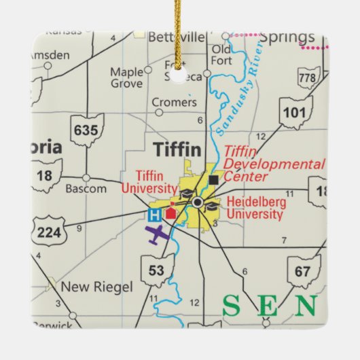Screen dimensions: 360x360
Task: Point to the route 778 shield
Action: point(308,79)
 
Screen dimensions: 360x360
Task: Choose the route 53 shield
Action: point(156,271)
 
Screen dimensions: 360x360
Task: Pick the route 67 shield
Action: point(304,272)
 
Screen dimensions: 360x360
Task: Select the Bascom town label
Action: point(85,188)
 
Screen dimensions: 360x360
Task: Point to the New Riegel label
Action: point(96,287)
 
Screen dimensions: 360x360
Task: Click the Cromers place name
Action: point(174,103)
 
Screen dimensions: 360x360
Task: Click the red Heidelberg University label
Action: point(256,208)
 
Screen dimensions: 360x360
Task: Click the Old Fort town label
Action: point(221,54)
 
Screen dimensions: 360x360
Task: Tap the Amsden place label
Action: point(50,54)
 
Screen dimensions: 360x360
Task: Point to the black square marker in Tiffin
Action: point(214,180)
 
